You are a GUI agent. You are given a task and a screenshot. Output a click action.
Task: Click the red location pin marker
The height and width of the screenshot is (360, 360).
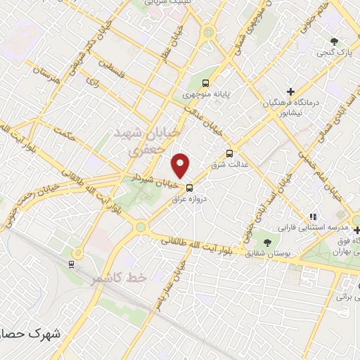(x=181, y=165)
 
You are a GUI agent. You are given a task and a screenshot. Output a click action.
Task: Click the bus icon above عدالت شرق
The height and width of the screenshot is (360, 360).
(x=229, y=153)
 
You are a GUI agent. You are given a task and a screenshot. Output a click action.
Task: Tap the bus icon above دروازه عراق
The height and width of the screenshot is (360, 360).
(x=188, y=188)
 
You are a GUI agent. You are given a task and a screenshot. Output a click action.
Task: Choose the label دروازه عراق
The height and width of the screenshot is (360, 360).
(x=189, y=199)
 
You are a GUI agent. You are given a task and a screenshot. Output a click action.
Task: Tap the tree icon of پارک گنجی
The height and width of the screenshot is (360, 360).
(x=334, y=41)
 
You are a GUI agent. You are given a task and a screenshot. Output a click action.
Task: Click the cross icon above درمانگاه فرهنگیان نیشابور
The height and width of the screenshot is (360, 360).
(x=290, y=91)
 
